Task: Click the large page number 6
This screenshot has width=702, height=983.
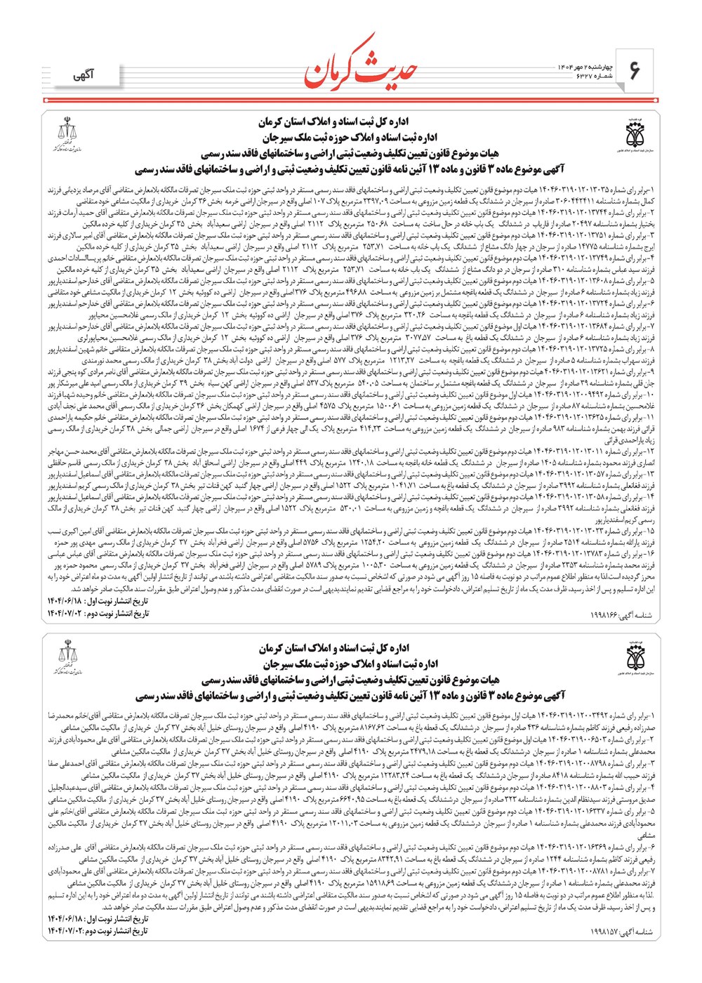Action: (x=635, y=70)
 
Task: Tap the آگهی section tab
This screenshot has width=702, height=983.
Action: (x=85, y=75)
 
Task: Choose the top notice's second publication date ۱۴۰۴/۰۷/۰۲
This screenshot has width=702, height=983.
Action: (x=98, y=614)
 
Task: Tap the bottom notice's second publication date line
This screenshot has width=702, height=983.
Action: (x=98, y=931)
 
